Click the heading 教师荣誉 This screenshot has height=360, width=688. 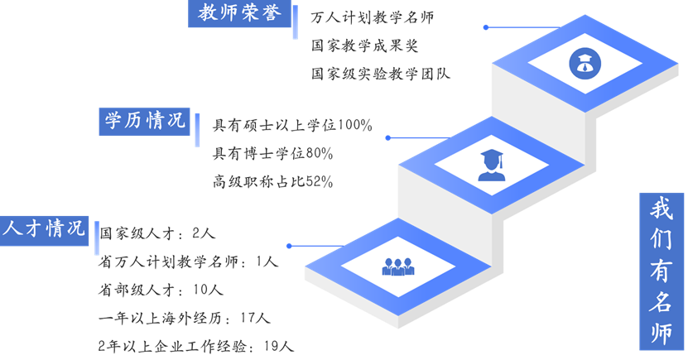tap(239, 12)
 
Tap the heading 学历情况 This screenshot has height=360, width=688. tap(144, 121)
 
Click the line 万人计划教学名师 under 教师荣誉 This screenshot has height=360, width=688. tap(372, 17)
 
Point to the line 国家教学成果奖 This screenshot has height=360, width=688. tap(364, 46)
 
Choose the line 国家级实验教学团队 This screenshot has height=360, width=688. tap(380, 74)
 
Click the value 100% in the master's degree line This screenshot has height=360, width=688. tap(354, 126)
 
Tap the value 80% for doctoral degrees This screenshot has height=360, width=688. tap(319, 153)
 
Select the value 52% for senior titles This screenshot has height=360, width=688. tap(319, 181)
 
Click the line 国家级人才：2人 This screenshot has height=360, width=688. tap(157, 233)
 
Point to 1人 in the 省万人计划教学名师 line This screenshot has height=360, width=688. tap(267, 262)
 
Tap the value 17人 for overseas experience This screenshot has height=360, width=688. tap(255, 318)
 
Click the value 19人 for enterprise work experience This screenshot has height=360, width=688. tap(279, 347)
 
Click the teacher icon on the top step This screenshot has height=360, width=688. tap(585, 63)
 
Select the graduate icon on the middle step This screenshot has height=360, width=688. tap(492, 166)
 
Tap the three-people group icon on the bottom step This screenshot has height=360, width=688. tap(398, 266)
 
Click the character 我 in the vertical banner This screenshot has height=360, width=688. tap(662, 209)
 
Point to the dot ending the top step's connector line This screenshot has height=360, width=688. tap(486, 27)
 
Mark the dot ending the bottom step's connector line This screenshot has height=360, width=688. tap(289, 246)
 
